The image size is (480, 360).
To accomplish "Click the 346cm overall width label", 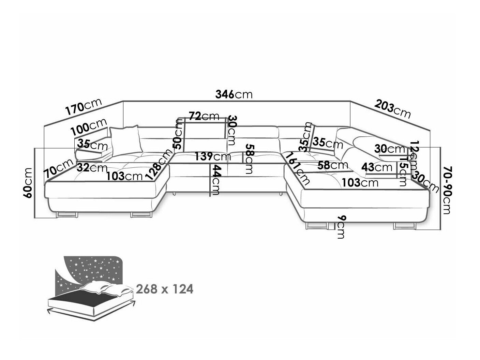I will pyautogui.click(x=235, y=94).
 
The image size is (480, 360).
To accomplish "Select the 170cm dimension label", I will pyautogui.click(x=83, y=107).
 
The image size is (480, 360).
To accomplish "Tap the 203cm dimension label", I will pyautogui.click(x=392, y=108).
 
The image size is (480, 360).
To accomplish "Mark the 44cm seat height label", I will pyautogui.click(x=215, y=180).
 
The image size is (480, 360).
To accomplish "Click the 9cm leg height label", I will pyautogui.click(x=340, y=227).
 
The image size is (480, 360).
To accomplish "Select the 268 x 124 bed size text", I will pyautogui.click(x=165, y=289).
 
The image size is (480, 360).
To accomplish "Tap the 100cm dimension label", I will pyautogui.click(x=89, y=127).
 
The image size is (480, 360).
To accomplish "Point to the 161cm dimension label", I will pyautogui.click(x=297, y=168).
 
